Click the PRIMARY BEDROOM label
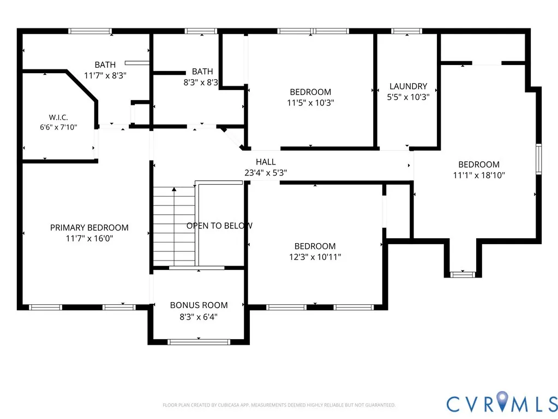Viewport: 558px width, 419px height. [89, 228]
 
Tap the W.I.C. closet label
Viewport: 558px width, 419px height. [58, 117]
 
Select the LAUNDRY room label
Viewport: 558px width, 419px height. [408, 86]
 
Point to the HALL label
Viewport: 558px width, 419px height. [266, 162]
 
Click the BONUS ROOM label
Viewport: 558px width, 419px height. [199, 305]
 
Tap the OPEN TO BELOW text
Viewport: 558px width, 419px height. [220, 226]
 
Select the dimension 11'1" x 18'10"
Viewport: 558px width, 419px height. [479, 175]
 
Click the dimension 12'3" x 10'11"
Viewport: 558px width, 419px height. [315, 257]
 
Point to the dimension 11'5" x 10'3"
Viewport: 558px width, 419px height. [311, 103]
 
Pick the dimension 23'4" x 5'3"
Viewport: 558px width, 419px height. [266, 173]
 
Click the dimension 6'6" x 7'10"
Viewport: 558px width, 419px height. [58, 127]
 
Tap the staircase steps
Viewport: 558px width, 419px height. [174, 226]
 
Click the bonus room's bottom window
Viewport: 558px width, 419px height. [199, 342]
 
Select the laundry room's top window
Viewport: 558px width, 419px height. [406, 31]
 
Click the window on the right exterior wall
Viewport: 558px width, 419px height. [539, 159]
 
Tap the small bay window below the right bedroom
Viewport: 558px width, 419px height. [463, 274]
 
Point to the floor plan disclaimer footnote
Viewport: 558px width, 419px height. [279, 405]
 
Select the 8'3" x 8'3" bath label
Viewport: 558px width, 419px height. [202, 77]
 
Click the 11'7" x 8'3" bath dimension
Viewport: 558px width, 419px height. [105, 75]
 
